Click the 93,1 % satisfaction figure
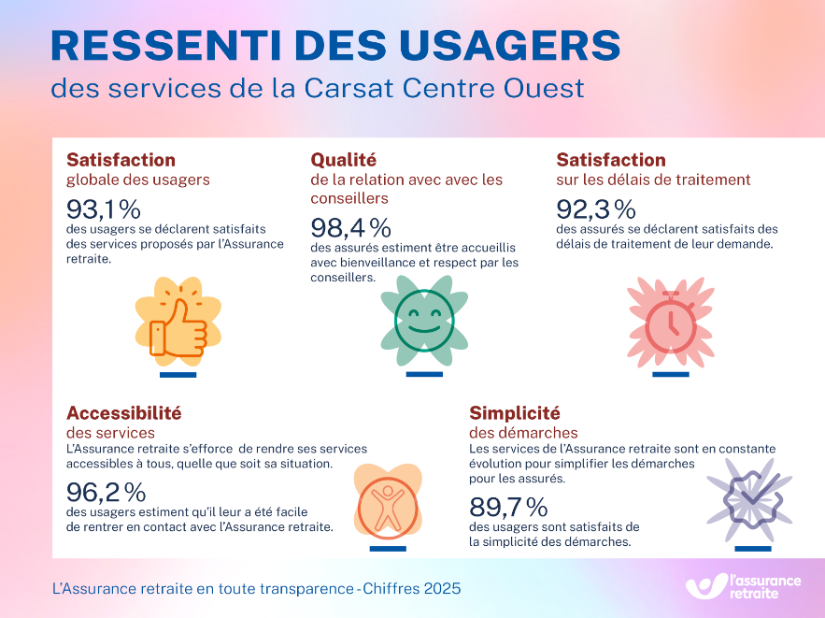[x=104, y=208]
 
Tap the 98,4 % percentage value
[x=350, y=227]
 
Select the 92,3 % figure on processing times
[x=596, y=208]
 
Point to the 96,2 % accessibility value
[x=106, y=492]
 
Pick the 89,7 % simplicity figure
[x=507, y=507]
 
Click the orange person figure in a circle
[x=386, y=505]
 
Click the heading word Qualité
[x=344, y=160]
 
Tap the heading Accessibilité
[x=123, y=412]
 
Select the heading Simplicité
[x=514, y=412]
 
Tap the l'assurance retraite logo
[x=744, y=586]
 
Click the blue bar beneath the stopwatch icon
[x=670, y=374]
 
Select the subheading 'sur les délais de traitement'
[x=653, y=180]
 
